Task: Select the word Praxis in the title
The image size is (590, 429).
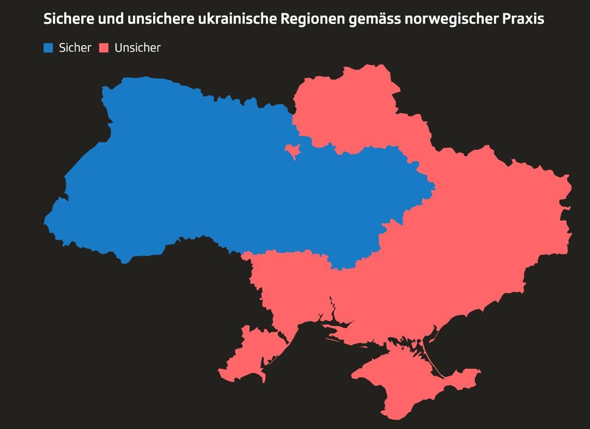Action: point(524,19)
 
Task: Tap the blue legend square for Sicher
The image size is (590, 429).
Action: point(48,48)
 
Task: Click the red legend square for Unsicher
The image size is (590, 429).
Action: point(104,48)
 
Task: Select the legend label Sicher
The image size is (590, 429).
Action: point(75,48)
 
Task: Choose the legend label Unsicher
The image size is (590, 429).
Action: point(137,48)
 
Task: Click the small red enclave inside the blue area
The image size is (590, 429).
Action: point(292,150)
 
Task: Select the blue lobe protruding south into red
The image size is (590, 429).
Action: point(343,260)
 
